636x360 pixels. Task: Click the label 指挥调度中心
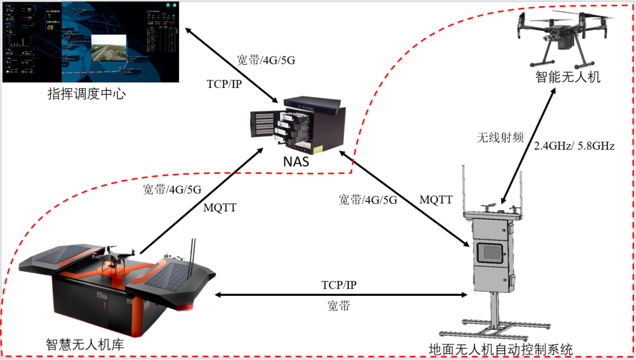pyautogui.click(x=87, y=94)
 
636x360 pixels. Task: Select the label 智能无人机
pyautogui.click(x=568, y=77)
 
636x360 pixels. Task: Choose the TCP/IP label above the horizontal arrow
pyautogui.click(x=339, y=285)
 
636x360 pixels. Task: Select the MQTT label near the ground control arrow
pyautogui.click(x=436, y=200)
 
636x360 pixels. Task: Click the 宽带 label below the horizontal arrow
pyautogui.click(x=339, y=306)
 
